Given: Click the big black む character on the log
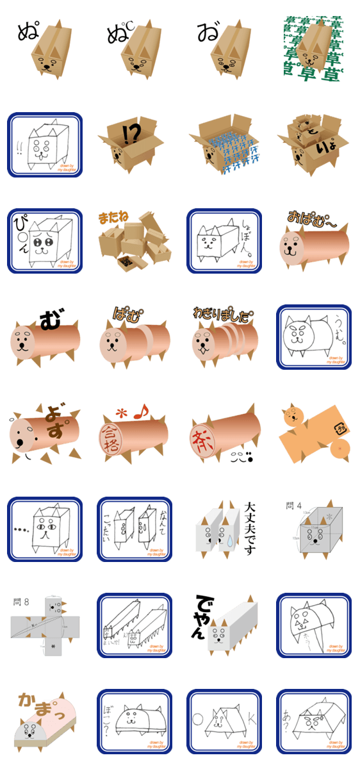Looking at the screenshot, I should coord(49,318).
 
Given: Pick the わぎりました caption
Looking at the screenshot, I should coord(223,313).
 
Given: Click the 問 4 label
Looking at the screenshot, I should coord(293,506).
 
